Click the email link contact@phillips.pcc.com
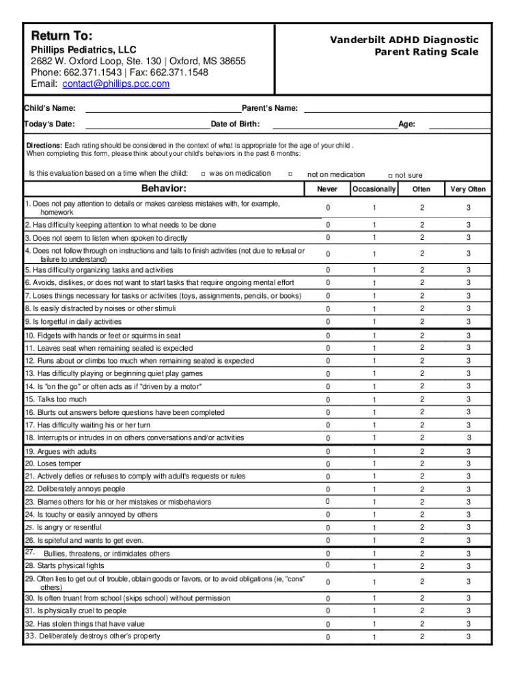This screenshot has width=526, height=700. click(x=115, y=84)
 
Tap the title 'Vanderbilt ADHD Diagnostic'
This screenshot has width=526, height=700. click(x=404, y=40)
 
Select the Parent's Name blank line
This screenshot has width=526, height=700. click(x=397, y=109)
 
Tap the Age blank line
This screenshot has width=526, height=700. click(x=459, y=124)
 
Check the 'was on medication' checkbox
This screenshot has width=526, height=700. click(x=204, y=174)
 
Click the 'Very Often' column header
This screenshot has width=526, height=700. click(x=468, y=189)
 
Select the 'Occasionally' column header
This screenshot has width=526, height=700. click(x=374, y=189)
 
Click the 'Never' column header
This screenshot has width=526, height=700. click(x=327, y=189)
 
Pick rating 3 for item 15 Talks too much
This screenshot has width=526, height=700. click(x=468, y=399)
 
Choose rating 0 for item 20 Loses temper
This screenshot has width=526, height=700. click(x=327, y=465)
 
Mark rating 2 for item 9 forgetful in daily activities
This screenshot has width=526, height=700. click(x=421, y=321)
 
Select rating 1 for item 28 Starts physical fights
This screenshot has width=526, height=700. click(x=374, y=567)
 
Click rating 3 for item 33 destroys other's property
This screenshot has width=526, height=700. click(x=468, y=636)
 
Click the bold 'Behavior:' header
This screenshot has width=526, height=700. click(x=164, y=189)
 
